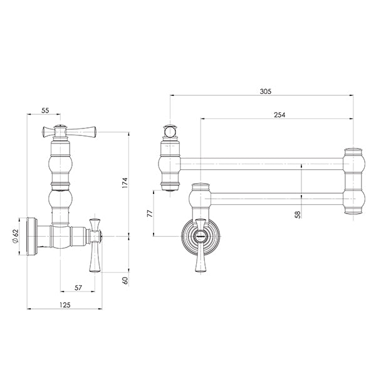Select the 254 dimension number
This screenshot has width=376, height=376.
click(281, 114)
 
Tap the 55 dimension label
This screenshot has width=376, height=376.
click(45, 110)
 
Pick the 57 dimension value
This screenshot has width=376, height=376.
click(77, 287)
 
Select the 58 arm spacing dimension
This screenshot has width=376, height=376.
click(298, 214)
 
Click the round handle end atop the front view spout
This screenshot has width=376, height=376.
click(171, 132)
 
